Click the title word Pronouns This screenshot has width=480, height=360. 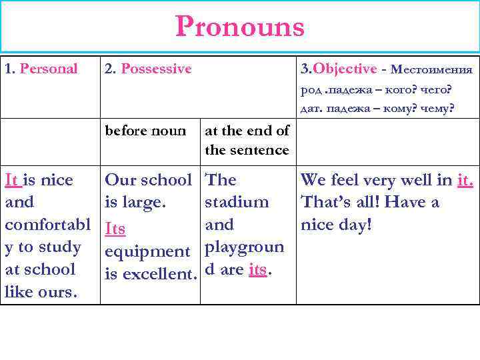point(240,27)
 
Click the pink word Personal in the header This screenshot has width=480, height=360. point(49,69)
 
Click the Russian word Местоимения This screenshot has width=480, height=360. point(431,69)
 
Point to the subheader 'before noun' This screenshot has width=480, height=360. point(145,131)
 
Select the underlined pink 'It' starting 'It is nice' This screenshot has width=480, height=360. point(11,180)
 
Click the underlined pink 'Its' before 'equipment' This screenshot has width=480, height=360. point(115,229)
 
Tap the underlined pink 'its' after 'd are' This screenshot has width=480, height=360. point(257,269)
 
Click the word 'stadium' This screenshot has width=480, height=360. point(237,202)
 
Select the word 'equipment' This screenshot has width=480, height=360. point(147,251)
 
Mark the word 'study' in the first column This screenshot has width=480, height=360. point(61,247)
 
